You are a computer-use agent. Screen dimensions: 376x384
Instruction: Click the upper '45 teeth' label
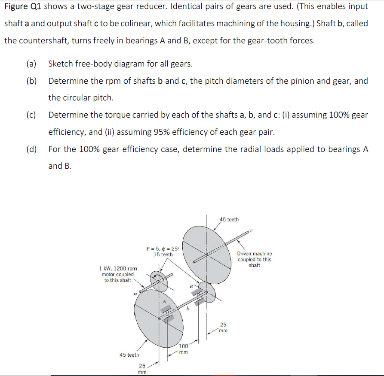(229, 219)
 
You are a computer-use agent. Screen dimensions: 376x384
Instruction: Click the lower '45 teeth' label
(129, 355)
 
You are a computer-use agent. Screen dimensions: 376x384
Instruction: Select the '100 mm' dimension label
(184, 349)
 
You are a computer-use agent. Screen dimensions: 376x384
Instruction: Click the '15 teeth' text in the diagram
(163, 255)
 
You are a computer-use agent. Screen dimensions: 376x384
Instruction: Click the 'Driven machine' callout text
(255, 254)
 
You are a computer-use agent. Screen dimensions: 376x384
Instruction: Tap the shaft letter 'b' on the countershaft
(187, 307)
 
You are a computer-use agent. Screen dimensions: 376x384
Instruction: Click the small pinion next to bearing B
(208, 292)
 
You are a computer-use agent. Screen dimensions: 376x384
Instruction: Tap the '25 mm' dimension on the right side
(223, 327)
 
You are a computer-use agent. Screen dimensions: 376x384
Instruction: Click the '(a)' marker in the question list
(31, 64)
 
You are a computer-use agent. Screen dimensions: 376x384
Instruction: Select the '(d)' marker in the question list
(31, 149)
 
